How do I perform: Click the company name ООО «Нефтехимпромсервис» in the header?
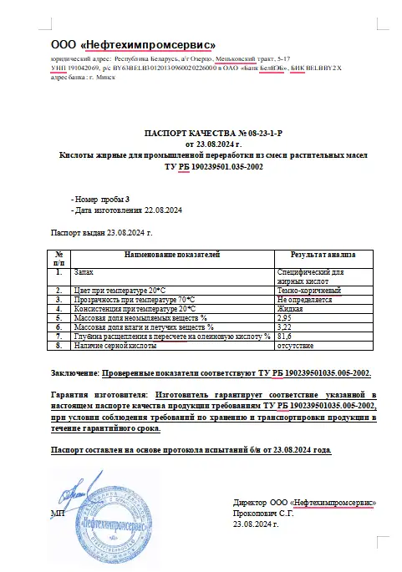click(x=134, y=44)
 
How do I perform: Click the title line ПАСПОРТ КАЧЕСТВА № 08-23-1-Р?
click(x=201, y=133)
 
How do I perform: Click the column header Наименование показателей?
click(x=171, y=253)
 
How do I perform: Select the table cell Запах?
click(x=84, y=272)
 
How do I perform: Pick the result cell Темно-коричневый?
click(x=309, y=290)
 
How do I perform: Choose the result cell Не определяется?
click(x=306, y=299)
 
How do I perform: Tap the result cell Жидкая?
click(x=291, y=308)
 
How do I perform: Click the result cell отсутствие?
click(x=296, y=345)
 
